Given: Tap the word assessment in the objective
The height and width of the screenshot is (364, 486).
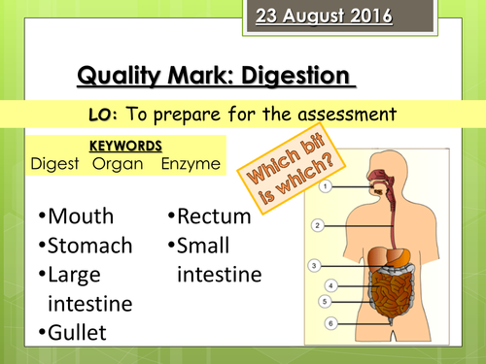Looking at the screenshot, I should (339, 114).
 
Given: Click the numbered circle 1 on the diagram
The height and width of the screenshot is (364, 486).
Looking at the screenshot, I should (329, 184).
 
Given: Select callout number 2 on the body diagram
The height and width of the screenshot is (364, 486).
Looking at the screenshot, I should (317, 224).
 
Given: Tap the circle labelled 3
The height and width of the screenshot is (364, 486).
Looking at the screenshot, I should (313, 264).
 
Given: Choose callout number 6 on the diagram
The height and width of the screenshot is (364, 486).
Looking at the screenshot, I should (330, 322).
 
